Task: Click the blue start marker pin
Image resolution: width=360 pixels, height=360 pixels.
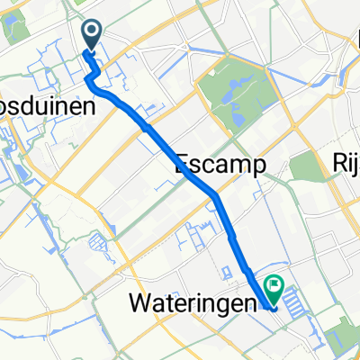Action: tap(93, 35)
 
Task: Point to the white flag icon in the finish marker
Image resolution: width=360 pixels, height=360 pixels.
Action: tap(272, 285)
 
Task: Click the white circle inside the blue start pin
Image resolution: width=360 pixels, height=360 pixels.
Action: tap(93, 32)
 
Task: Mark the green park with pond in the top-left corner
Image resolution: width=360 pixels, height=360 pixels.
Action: tap(15, 27)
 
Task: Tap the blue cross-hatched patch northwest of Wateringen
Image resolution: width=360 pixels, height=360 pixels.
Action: tap(96, 241)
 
